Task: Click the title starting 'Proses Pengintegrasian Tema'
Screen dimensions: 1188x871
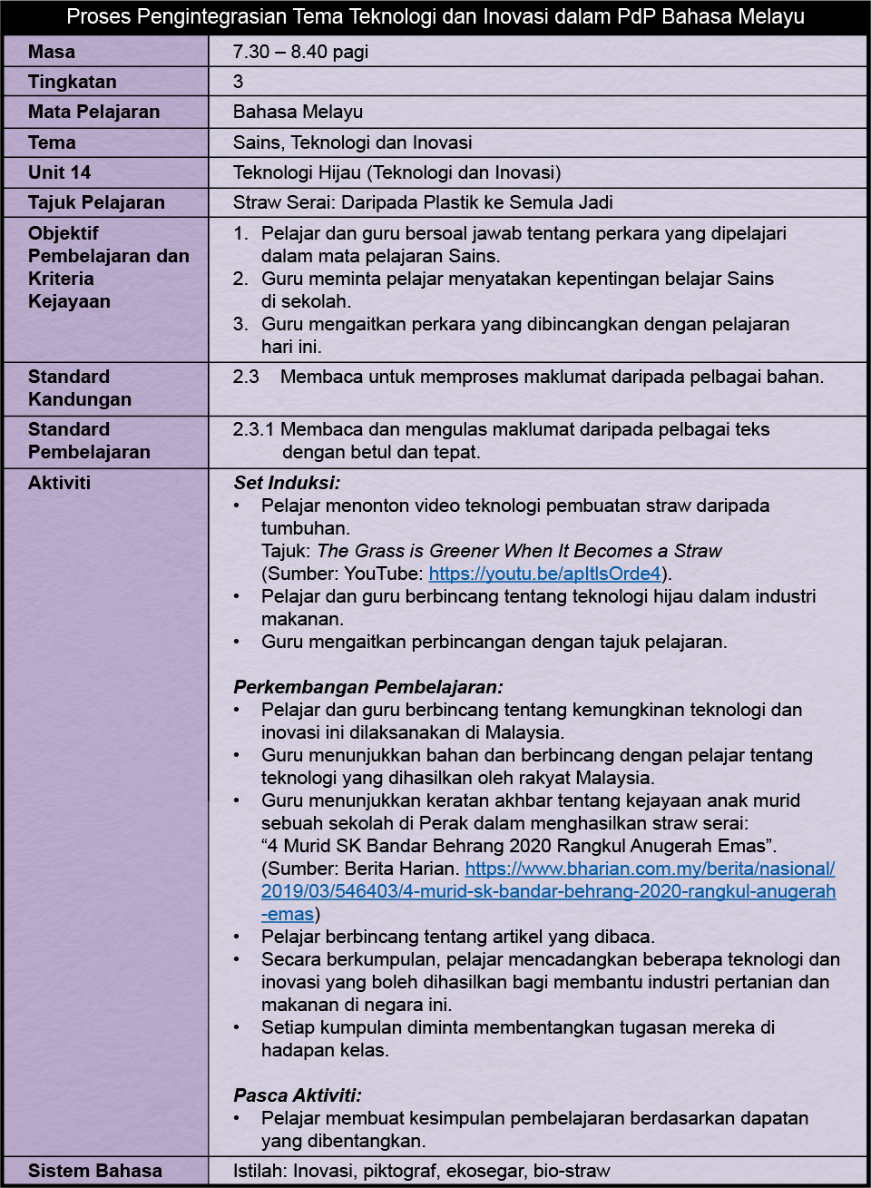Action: click(x=435, y=16)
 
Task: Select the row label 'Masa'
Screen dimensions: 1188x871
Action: click(x=52, y=52)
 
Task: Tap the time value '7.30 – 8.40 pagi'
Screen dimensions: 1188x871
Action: click(x=300, y=52)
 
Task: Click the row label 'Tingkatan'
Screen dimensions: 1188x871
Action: click(x=73, y=82)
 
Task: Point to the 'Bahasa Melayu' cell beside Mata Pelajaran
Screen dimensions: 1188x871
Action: click(x=298, y=112)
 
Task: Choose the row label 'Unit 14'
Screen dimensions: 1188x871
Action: click(x=60, y=172)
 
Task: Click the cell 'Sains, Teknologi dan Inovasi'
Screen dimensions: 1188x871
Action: click(x=352, y=142)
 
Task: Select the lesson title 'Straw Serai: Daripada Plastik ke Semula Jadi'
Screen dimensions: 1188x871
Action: click(x=423, y=202)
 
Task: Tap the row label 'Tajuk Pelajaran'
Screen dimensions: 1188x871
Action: click(x=96, y=202)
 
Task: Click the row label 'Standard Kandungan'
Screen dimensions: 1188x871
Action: click(x=80, y=388)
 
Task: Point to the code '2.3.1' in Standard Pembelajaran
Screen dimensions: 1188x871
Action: click(x=254, y=429)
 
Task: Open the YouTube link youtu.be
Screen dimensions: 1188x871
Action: click(x=544, y=574)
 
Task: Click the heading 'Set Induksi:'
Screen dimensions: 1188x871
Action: click(x=287, y=483)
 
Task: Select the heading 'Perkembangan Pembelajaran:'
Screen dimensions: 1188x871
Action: click(x=367, y=687)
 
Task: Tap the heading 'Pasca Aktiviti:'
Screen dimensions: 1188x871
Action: click(x=297, y=1095)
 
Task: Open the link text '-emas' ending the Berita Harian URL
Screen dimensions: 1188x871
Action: click(x=288, y=914)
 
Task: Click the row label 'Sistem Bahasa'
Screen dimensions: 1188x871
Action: click(x=95, y=1171)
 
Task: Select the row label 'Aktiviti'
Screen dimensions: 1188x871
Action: click(x=60, y=483)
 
